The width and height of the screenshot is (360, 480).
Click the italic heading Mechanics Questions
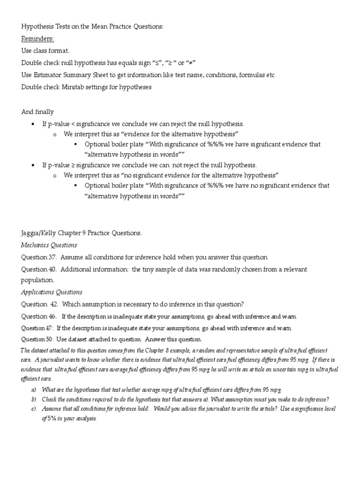(x=49, y=245)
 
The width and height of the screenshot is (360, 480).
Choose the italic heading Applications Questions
(x=52, y=292)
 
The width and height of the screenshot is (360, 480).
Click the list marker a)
(x=33, y=390)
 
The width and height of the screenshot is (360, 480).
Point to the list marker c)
(x=33, y=409)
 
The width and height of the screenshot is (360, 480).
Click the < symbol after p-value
(x=66, y=124)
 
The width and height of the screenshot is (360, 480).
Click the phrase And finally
(x=37, y=112)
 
